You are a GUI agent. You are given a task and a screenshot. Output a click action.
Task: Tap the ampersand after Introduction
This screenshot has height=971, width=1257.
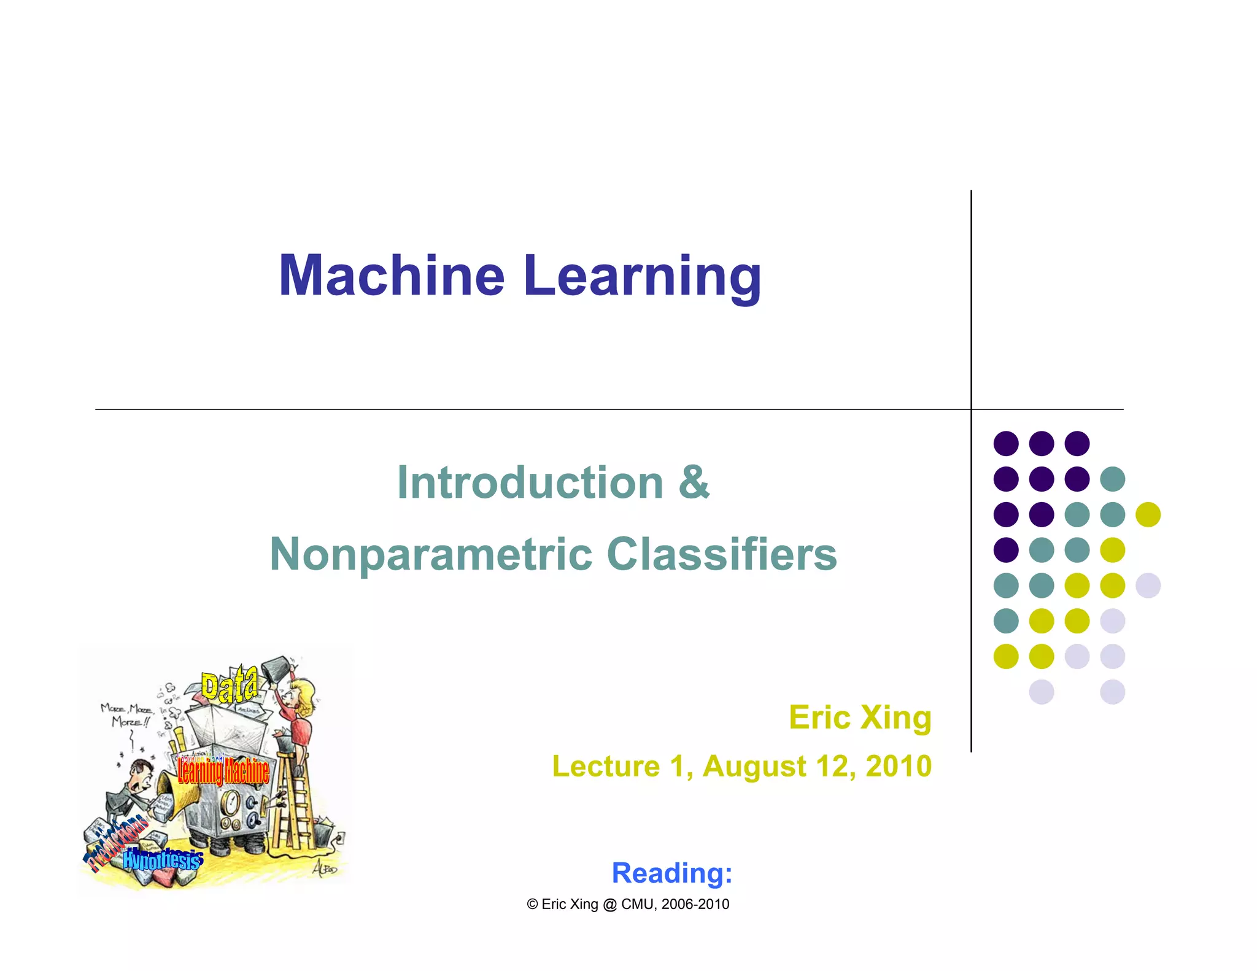coord(694,482)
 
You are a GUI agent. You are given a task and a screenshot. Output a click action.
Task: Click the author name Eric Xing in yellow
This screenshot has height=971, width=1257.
coord(860,718)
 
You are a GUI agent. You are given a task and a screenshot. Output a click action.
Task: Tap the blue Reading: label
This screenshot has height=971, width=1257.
coord(672,873)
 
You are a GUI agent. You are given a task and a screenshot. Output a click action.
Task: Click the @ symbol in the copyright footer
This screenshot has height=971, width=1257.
coord(609,904)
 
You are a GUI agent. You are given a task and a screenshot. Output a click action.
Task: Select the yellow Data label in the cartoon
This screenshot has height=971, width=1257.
coord(230,686)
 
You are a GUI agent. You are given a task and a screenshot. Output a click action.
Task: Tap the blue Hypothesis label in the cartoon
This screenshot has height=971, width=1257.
coord(163,859)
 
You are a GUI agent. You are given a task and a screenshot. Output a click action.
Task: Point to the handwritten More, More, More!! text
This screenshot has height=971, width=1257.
coord(126,716)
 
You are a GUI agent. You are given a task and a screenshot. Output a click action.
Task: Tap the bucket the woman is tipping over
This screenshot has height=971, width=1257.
coord(275,668)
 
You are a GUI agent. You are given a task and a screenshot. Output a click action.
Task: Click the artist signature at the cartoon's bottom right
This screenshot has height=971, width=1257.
coord(324,868)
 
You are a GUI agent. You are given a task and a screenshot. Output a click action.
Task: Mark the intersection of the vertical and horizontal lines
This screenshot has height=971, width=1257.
coord(971,409)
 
